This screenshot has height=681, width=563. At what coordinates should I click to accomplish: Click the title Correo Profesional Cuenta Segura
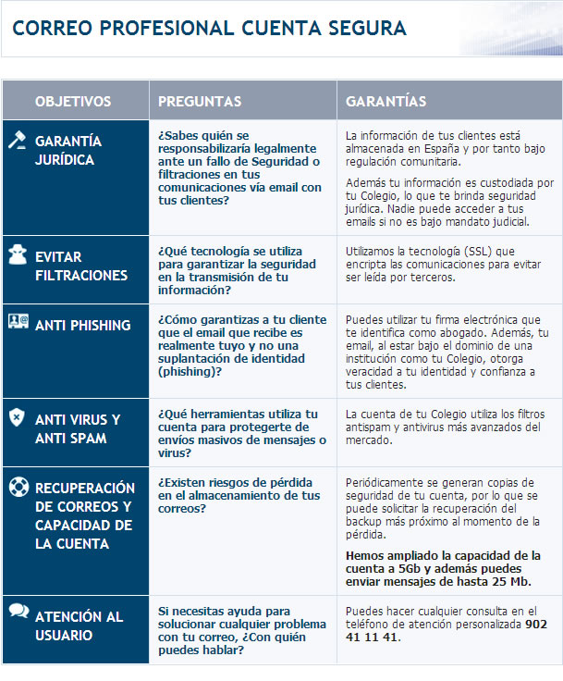pyautogui.click(x=209, y=29)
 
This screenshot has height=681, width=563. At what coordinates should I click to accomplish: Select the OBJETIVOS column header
pyautogui.click(x=73, y=101)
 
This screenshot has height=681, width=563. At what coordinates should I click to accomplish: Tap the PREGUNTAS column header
pyautogui.click(x=200, y=101)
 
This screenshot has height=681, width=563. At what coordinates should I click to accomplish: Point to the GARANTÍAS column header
pyautogui.click(x=386, y=101)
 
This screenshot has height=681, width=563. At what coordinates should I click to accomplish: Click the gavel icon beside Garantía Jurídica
pyautogui.click(x=17, y=142)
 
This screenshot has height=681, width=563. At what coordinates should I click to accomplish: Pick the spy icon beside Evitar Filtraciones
pyautogui.click(x=17, y=256)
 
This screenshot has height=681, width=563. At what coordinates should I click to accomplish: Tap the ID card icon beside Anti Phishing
pyautogui.click(x=17, y=322)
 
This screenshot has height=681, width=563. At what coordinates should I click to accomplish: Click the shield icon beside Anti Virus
pyautogui.click(x=17, y=418)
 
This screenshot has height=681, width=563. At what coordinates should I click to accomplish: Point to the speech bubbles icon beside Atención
pyautogui.click(x=17, y=612)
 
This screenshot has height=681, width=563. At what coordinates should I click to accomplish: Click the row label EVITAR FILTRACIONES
pyautogui.click(x=81, y=266)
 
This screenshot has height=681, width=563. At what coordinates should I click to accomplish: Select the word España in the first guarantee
pyautogui.click(x=420, y=148)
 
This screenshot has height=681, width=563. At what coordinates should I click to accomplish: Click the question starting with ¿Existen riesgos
pyautogui.click(x=239, y=489)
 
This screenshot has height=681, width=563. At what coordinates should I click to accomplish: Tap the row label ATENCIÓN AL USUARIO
pyautogui.click(x=79, y=625)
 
